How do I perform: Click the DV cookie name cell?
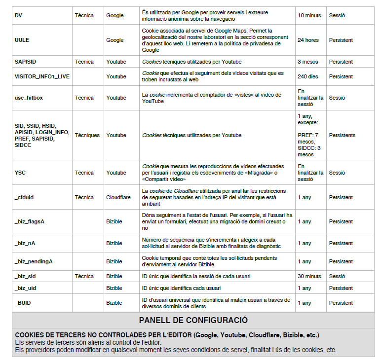coord(19,15)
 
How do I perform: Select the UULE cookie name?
coord(22,40)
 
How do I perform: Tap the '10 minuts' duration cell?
coord(309,15)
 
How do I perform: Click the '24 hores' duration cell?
coord(308,40)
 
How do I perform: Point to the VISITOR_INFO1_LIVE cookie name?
coord(42,76)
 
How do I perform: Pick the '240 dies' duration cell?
coord(308,76)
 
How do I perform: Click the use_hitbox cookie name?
coord(29,98)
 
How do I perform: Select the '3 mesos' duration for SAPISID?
coord(308,62)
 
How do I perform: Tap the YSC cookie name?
coord(20,173)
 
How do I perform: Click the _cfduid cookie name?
coord(25,197)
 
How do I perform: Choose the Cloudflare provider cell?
coord(118,197)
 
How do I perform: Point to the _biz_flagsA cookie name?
coord(30,221)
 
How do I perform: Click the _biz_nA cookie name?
coord(26,243)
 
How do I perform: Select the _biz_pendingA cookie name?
coord(34,261)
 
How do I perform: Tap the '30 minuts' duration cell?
coord(309,276)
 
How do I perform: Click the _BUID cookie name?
coord(23,303)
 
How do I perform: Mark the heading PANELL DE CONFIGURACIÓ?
coord(193,320)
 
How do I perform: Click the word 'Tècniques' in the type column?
coord(87,135)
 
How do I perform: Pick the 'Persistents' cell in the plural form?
coord(343,135)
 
